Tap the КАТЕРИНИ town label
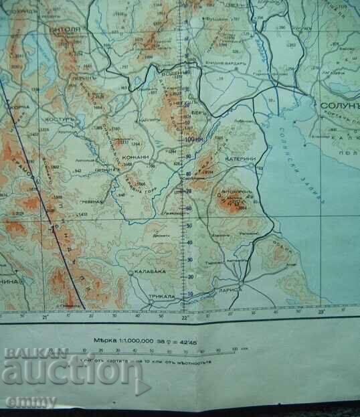[x=242, y=159]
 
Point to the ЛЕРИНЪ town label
[x=81, y=78]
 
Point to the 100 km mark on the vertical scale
[x=194, y=139]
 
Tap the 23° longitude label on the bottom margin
[x=320, y=311]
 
